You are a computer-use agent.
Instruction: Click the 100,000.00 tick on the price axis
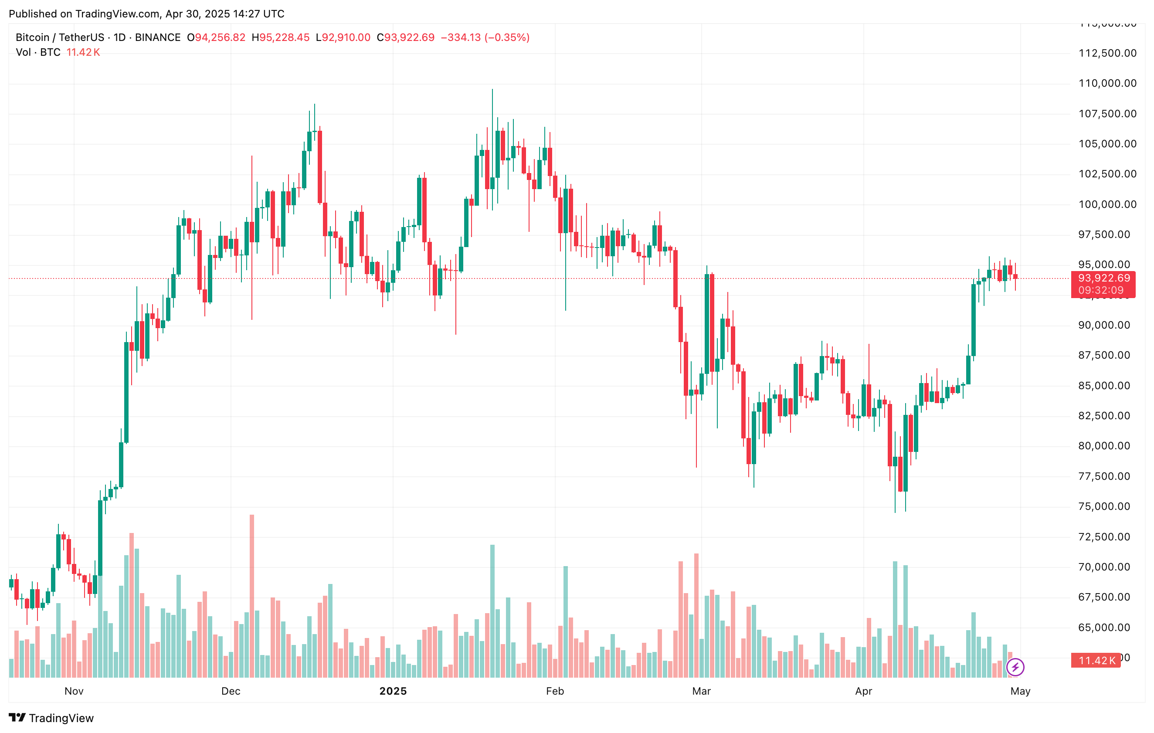pyautogui.click(x=1107, y=204)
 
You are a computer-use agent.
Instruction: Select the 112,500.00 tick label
pyautogui.click(x=1107, y=53)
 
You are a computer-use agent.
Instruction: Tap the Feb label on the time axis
pyautogui.click(x=555, y=691)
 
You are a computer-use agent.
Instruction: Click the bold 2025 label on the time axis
pyautogui.click(x=393, y=691)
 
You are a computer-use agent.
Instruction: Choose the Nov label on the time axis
pyautogui.click(x=74, y=691)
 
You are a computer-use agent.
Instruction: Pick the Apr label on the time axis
pyautogui.click(x=864, y=691)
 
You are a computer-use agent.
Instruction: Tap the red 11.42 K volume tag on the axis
pyautogui.click(x=1096, y=661)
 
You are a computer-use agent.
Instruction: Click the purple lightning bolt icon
pyautogui.click(x=1015, y=667)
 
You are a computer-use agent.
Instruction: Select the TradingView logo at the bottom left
pyautogui.click(x=51, y=718)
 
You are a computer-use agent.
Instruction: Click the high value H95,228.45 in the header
pyautogui.click(x=281, y=37)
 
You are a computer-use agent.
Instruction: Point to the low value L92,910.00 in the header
pyautogui.click(x=343, y=37)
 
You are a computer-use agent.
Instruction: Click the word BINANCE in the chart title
pyautogui.click(x=158, y=37)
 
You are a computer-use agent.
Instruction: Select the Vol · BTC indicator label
pyautogui.click(x=38, y=52)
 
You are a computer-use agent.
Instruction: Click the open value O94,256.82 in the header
pyautogui.click(x=216, y=37)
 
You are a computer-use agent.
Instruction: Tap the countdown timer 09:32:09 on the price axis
pyautogui.click(x=1101, y=290)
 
